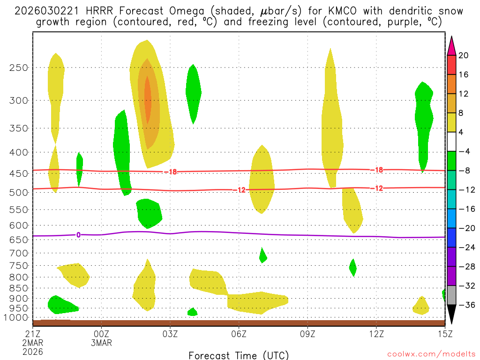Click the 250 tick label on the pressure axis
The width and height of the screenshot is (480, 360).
19,67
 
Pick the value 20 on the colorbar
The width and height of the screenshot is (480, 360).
464,55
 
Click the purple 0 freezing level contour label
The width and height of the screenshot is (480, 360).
78,235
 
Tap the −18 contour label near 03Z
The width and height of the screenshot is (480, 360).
171,172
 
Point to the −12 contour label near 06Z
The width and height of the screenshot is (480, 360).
239,190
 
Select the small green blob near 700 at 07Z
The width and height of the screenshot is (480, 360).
262,255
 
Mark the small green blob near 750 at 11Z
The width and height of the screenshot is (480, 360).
353,267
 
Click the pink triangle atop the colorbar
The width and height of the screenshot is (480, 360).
452,45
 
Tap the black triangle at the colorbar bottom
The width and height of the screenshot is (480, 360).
452,315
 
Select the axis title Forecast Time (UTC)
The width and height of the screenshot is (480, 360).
239,355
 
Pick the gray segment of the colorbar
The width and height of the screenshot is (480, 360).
452,295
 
